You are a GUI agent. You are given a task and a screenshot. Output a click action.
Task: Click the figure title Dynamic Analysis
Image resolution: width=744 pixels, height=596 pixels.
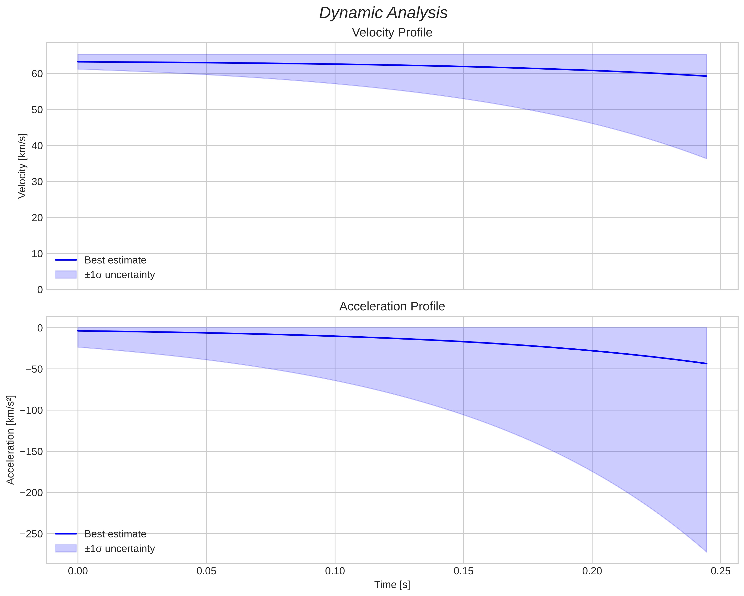[383, 13]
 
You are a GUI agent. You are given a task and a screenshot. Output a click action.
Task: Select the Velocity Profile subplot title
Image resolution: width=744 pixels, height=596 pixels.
[392, 33]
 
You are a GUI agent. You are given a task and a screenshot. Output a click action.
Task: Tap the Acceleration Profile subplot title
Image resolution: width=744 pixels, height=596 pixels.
[392, 307]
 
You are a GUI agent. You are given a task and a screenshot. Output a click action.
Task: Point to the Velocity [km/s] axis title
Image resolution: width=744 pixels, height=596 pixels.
[22, 166]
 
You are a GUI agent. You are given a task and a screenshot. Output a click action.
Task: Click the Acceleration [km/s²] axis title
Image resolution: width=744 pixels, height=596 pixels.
[11, 440]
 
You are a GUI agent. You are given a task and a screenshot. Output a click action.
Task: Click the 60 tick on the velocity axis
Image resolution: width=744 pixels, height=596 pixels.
[37, 74]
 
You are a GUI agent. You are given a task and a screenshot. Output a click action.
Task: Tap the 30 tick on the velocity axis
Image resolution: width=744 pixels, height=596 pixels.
[37, 182]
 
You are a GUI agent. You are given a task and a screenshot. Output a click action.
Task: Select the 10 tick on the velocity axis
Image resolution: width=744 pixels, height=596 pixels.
[37, 254]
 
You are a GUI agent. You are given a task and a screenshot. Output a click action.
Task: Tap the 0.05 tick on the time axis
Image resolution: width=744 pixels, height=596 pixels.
[206, 571]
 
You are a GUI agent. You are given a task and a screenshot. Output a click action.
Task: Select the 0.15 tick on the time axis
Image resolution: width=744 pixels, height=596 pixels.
[464, 571]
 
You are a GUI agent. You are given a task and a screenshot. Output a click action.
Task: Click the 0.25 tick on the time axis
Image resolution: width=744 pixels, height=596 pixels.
[721, 571]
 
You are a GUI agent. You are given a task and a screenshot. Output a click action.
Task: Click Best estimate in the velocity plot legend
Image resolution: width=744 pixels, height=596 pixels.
[115, 260]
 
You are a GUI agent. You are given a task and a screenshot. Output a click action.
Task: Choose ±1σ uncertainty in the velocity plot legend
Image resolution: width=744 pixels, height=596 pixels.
[119, 275]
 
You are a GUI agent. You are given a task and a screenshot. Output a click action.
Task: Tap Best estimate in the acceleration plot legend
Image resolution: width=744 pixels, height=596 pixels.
[115, 534]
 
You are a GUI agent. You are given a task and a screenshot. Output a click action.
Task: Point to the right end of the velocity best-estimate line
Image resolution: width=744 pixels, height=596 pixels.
[706, 76]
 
